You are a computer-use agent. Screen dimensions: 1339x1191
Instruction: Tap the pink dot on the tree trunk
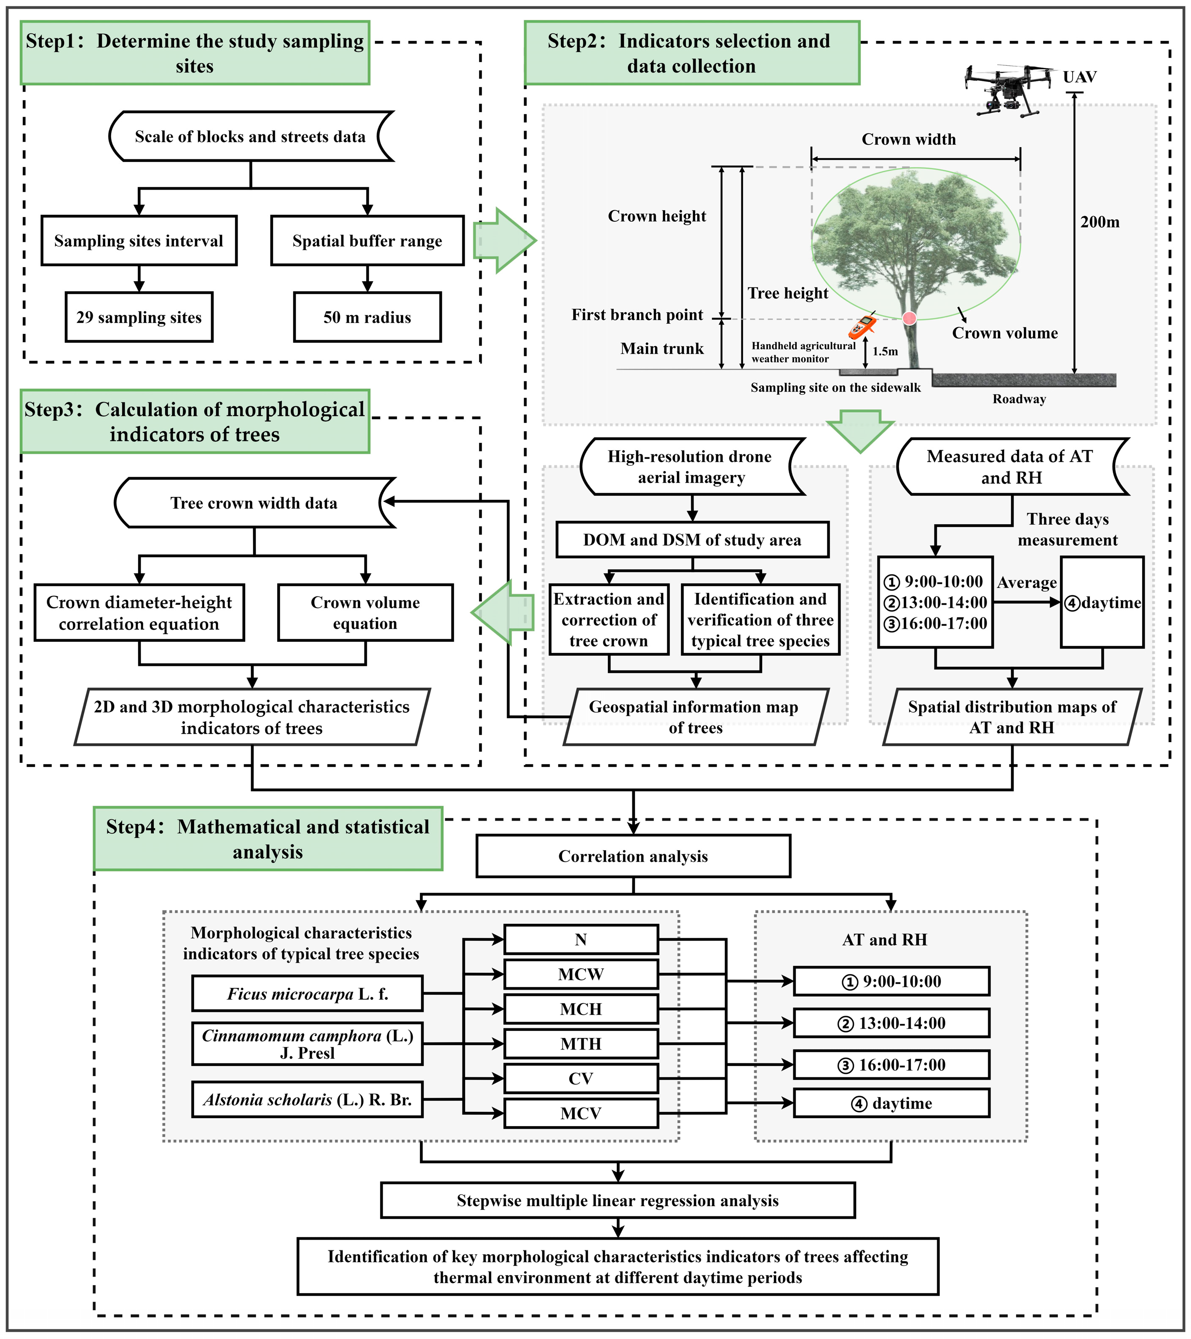tap(910, 318)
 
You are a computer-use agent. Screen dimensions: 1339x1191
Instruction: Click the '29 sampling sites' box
tap(139, 317)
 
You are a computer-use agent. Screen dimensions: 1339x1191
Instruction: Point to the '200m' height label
tap(1099, 222)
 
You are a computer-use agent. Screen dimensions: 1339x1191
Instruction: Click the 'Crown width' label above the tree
tap(908, 139)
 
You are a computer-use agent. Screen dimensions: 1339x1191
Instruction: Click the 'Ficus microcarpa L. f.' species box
tap(307, 994)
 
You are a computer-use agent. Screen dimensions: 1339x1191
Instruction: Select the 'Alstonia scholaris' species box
tap(307, 1099)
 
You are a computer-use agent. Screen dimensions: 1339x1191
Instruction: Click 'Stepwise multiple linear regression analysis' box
tap(618, 1200)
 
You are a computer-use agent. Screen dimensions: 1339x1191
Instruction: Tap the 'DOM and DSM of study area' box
tap(692, 540)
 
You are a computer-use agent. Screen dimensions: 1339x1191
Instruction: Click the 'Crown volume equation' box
tap(365, 612)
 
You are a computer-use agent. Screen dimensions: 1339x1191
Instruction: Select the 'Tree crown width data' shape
tap(254, 502)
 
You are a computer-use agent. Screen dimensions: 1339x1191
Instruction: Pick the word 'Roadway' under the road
tap(1019, 399)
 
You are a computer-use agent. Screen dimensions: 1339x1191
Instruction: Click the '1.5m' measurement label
tap(885, 351)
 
